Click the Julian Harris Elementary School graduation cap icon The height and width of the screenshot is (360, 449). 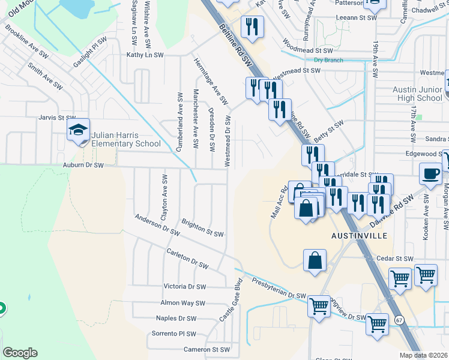[x=78, y=130]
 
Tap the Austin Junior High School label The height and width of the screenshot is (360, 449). [x=417, y=94]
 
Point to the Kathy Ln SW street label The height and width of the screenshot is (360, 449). [x=145, y=55]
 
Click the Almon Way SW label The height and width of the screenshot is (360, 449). [x=182, y=303]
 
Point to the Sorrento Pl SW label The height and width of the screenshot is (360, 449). [x=173, y=334]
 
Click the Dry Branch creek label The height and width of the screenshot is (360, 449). [x=328, y=60]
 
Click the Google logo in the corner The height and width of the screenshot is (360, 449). [x=20, y=353]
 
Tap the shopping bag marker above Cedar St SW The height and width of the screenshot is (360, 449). [x=315, y=261]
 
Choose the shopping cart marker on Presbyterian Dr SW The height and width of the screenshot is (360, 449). [x=318, y=306]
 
